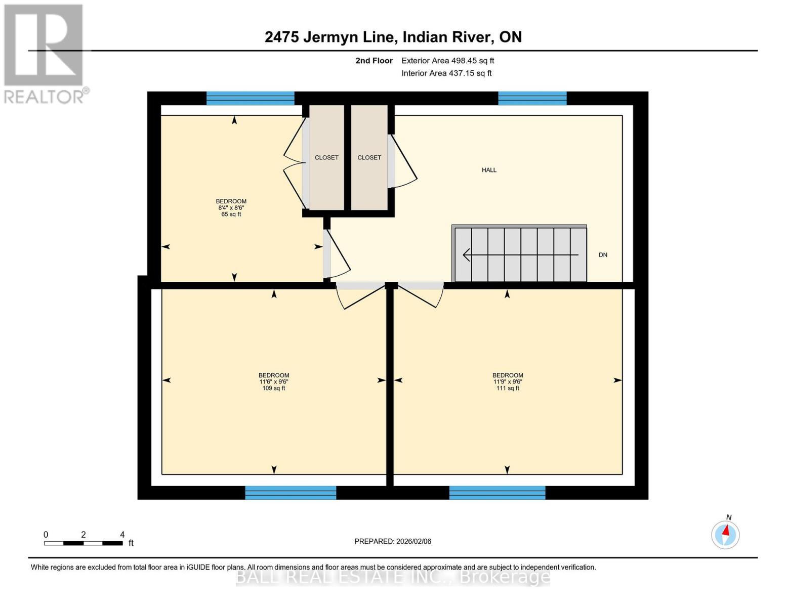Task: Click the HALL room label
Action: point(489,170)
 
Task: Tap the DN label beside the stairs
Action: point(603,255)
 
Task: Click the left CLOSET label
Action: point(326,158)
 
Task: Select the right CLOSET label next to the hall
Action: point(369,158)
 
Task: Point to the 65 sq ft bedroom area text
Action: point(231,214)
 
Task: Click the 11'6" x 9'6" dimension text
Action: point(274,382)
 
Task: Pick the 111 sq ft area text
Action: point(508,388)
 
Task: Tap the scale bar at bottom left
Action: point(84,543)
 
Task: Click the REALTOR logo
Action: point(44,53)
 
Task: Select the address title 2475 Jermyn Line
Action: point(393,37)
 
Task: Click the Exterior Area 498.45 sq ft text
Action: point(447,61)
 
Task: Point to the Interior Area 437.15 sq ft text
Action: point(446,73)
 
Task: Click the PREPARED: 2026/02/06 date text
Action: point(393,541)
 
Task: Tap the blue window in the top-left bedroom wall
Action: point(250,98)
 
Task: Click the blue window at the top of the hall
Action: point(532,98)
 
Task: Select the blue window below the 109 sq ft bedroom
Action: point(291,493)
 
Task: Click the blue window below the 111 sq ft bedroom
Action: point(497,493)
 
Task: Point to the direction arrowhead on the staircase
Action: point(466,255)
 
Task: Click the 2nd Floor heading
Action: point(374,61)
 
